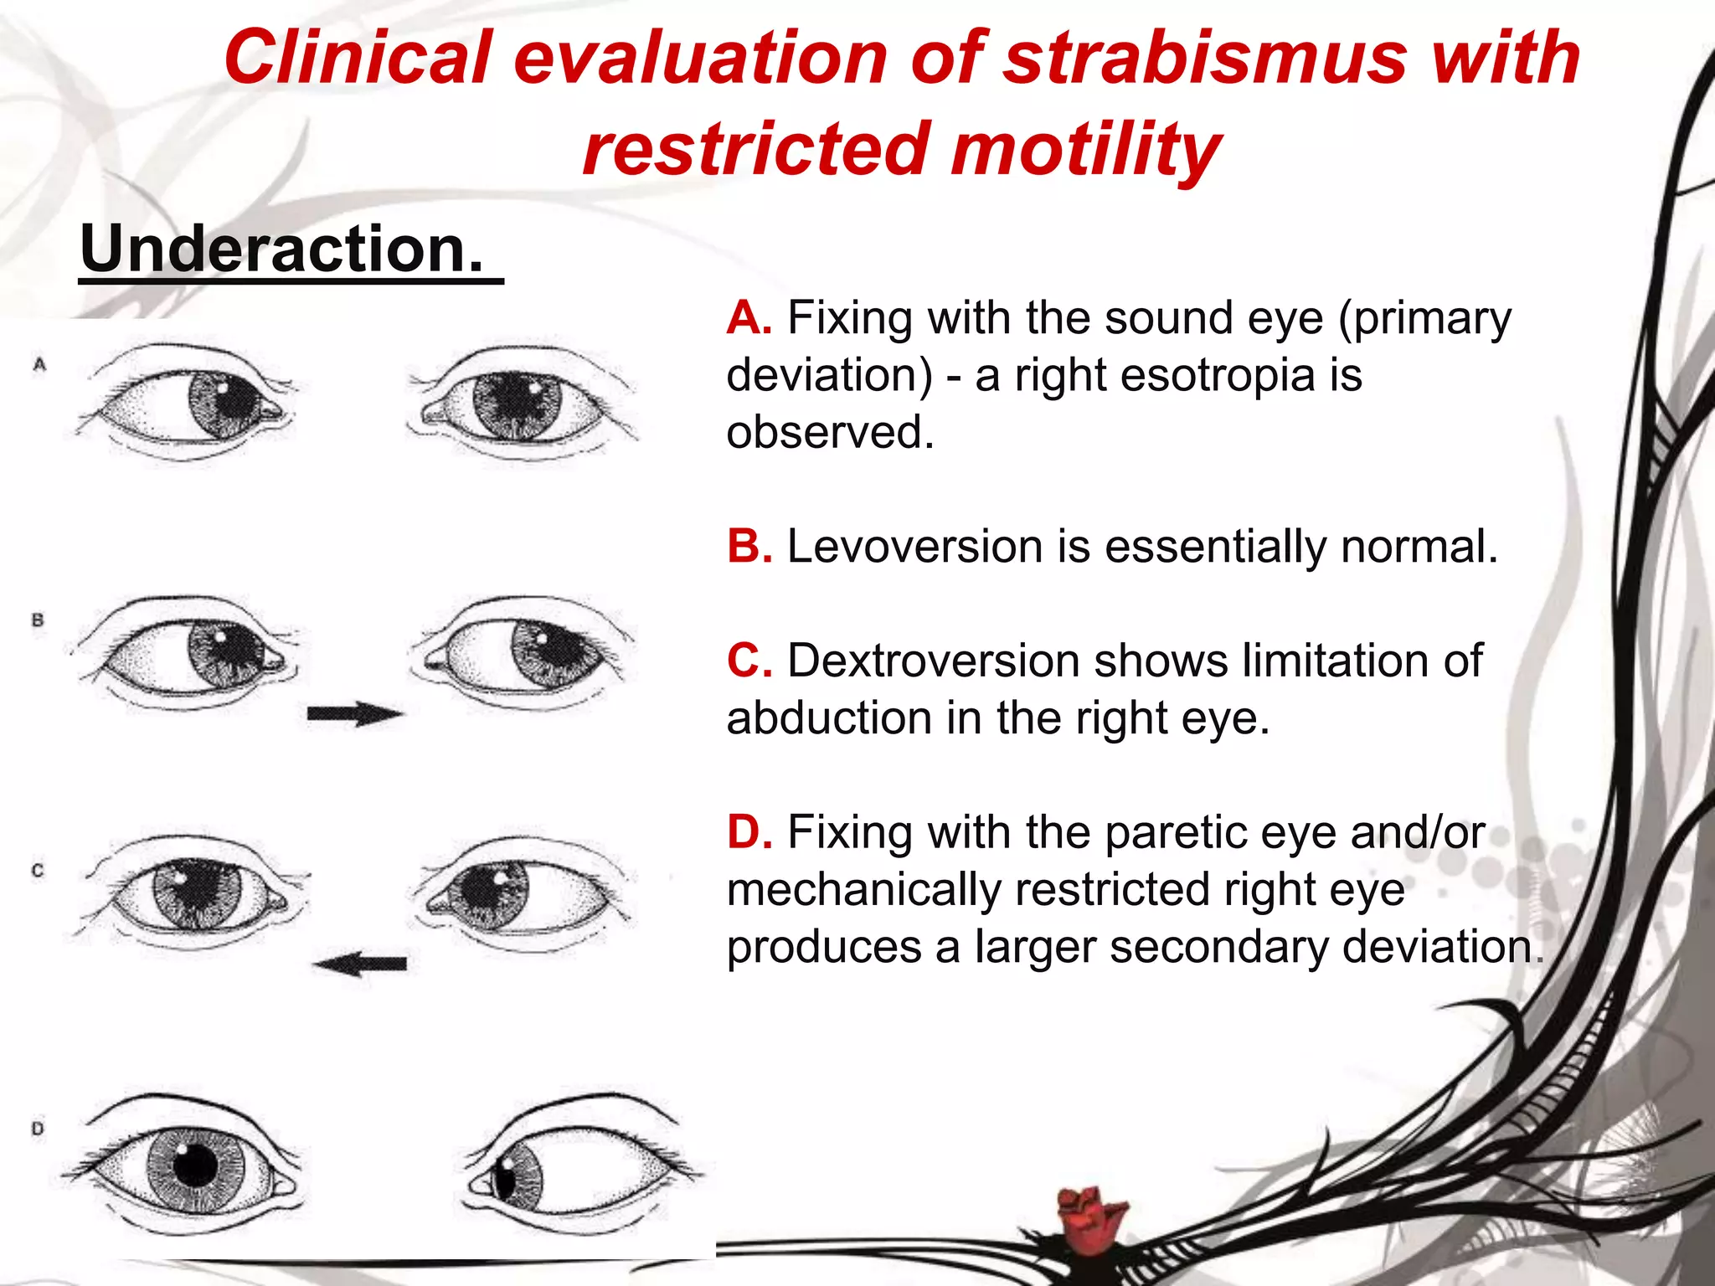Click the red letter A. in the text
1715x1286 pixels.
click(749, 319)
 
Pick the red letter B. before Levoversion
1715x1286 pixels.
click(749, 547)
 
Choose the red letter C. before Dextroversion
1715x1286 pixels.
click(749, 661)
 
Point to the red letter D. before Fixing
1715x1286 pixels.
click(749, 833)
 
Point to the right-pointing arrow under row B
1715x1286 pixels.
click(354, 714)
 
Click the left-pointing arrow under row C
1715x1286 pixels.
click(361, 964)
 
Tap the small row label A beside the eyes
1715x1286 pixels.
click(39, 364)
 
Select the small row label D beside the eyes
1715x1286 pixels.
click(38, 1129)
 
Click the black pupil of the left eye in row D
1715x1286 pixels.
click(196, 1164)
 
